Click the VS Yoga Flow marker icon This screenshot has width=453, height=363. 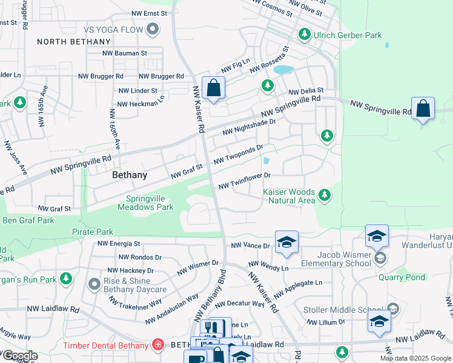coord(153,29)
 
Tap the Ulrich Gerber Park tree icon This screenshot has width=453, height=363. coord(305,35)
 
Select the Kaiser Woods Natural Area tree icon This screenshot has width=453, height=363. coord(325,195)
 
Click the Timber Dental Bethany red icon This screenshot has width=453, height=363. coord(158,345)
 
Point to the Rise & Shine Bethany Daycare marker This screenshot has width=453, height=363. coord(94,284)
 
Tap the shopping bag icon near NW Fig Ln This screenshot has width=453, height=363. coord(213,88)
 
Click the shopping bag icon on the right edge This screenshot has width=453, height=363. coord(423,110)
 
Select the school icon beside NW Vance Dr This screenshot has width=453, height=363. coord(286,243)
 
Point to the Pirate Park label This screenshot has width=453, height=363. coord(93,232)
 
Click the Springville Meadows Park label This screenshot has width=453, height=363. coord(150,203)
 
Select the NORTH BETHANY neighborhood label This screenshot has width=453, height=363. coord(74,42)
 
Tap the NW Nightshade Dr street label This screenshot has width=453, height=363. coord(249,127)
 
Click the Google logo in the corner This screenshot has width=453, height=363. coord(19,356)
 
